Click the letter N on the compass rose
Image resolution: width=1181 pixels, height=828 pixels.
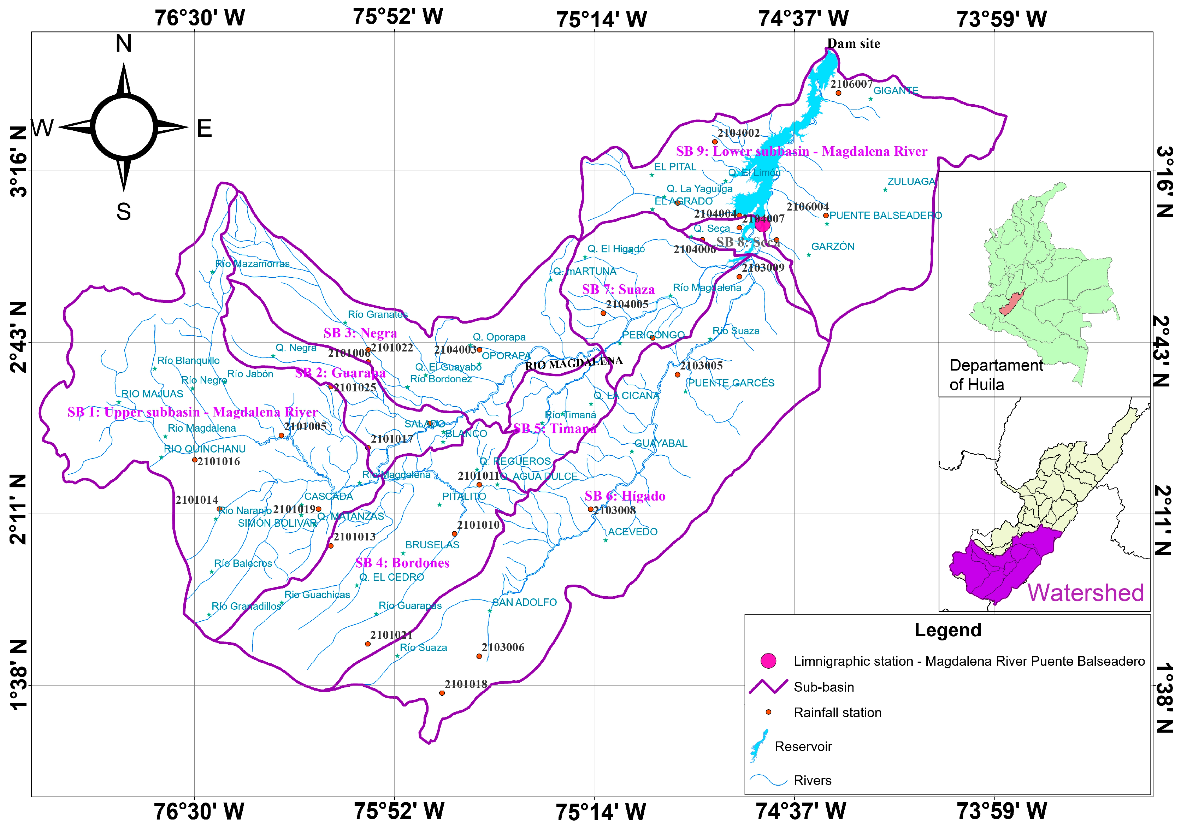123,44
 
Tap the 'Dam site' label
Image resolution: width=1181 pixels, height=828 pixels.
854,44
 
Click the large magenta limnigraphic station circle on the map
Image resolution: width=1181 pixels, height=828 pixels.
762,225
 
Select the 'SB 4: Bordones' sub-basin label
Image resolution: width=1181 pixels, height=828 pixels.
402,563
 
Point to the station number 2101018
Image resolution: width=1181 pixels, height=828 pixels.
466,684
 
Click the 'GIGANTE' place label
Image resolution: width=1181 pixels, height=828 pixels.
896,91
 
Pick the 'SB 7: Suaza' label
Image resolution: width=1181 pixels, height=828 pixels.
618,290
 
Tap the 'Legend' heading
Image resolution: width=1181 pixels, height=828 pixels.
947,630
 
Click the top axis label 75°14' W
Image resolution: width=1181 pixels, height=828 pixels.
601,19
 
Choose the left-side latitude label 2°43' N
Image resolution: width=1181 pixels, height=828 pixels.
18,337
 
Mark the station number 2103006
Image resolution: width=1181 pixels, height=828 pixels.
503,647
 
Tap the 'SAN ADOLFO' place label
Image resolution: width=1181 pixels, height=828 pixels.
524,602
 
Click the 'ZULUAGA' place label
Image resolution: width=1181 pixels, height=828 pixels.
911,182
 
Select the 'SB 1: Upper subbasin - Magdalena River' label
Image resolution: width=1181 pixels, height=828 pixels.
193,412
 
